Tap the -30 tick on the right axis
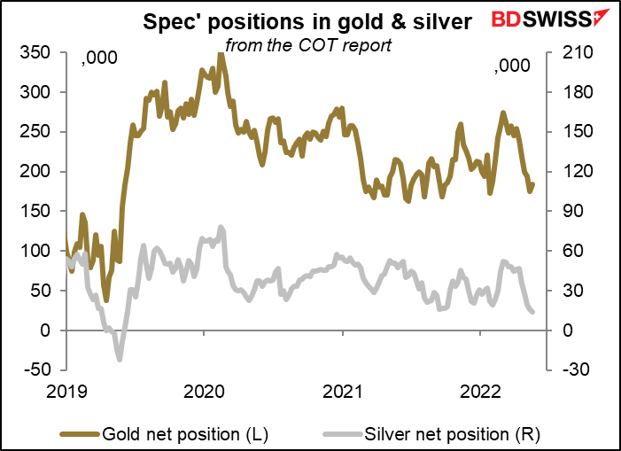point(568,370)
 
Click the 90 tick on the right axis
point(564,211)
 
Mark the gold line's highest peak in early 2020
point(220,55)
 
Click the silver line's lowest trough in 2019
point(119,359)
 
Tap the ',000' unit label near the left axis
point(94,63)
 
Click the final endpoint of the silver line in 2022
point(532,312)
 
